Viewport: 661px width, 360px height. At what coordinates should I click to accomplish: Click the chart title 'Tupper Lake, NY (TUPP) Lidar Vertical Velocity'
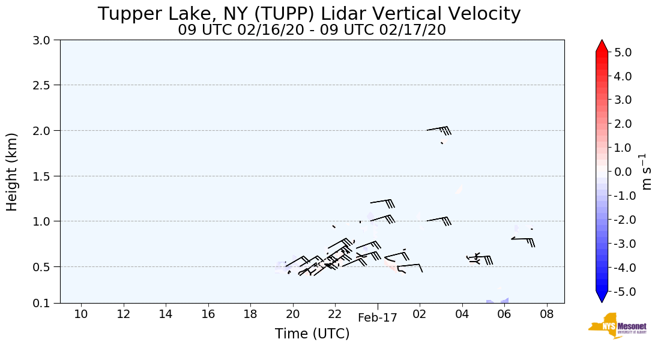[x=309, y=14]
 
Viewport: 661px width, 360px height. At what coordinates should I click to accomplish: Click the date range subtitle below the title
[x=312, y=30]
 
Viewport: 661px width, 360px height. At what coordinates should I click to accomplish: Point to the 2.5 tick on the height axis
[x=45, y=85]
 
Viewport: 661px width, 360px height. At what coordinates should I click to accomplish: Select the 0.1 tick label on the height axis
[x=45, y=303]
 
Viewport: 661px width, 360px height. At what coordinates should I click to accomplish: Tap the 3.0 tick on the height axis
[x=45, y=40]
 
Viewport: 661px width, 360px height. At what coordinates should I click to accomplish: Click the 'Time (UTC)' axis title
[x=312, y=334]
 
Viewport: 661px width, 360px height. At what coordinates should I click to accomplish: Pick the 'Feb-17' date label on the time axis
[x=378, y=319]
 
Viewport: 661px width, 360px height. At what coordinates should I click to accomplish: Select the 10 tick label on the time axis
[x=81, y=314]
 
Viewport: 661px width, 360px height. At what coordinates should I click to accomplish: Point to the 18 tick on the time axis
[x=250, y=314]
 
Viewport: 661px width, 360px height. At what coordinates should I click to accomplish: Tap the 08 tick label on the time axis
[x=546, y=314]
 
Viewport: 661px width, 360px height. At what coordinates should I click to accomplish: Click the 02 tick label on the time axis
[x=420, y=314]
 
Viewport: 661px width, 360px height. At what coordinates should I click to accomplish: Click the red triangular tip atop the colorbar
[x=602, y=46]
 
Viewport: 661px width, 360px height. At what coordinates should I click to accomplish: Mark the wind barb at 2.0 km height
[x=439, y=130]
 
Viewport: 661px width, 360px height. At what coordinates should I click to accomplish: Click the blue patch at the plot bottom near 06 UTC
[x=498, y=301]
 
